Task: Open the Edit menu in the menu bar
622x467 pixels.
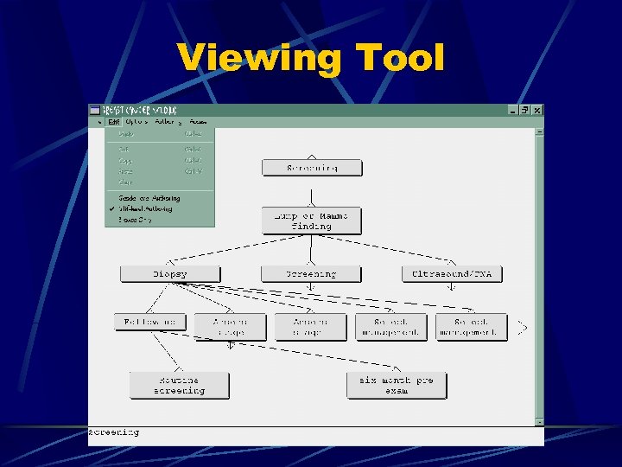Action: pos(114,122)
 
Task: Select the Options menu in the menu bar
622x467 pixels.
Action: pos(138,122)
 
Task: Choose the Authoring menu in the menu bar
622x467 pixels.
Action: pos(168,122)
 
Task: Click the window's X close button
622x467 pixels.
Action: pos(537,111)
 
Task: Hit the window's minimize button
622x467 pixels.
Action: pos(513,111)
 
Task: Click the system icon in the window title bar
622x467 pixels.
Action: pos(95,111)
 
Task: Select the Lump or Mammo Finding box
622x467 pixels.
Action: pos(311,221)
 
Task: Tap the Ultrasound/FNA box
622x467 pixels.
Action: pos(452,274)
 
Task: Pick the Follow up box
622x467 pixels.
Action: pos(150,322)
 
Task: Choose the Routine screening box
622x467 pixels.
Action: pos(180,385)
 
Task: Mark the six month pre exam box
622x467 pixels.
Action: pos(397,385)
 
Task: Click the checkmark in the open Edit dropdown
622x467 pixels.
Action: pos(112,208)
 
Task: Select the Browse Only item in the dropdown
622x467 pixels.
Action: pos(136,220)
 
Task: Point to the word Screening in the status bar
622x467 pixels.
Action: pos(113,432)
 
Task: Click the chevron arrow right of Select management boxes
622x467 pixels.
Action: pos(522,328)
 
